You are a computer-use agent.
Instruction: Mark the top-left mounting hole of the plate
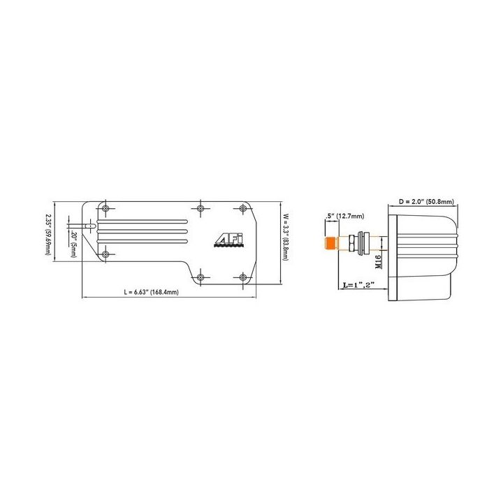(105, 209)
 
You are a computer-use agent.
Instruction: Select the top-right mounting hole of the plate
(244, 209)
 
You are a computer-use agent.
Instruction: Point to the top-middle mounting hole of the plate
(201, 209)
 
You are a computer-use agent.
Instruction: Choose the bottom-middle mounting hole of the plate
(201, 277)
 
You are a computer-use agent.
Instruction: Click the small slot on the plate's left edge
(88, 226)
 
